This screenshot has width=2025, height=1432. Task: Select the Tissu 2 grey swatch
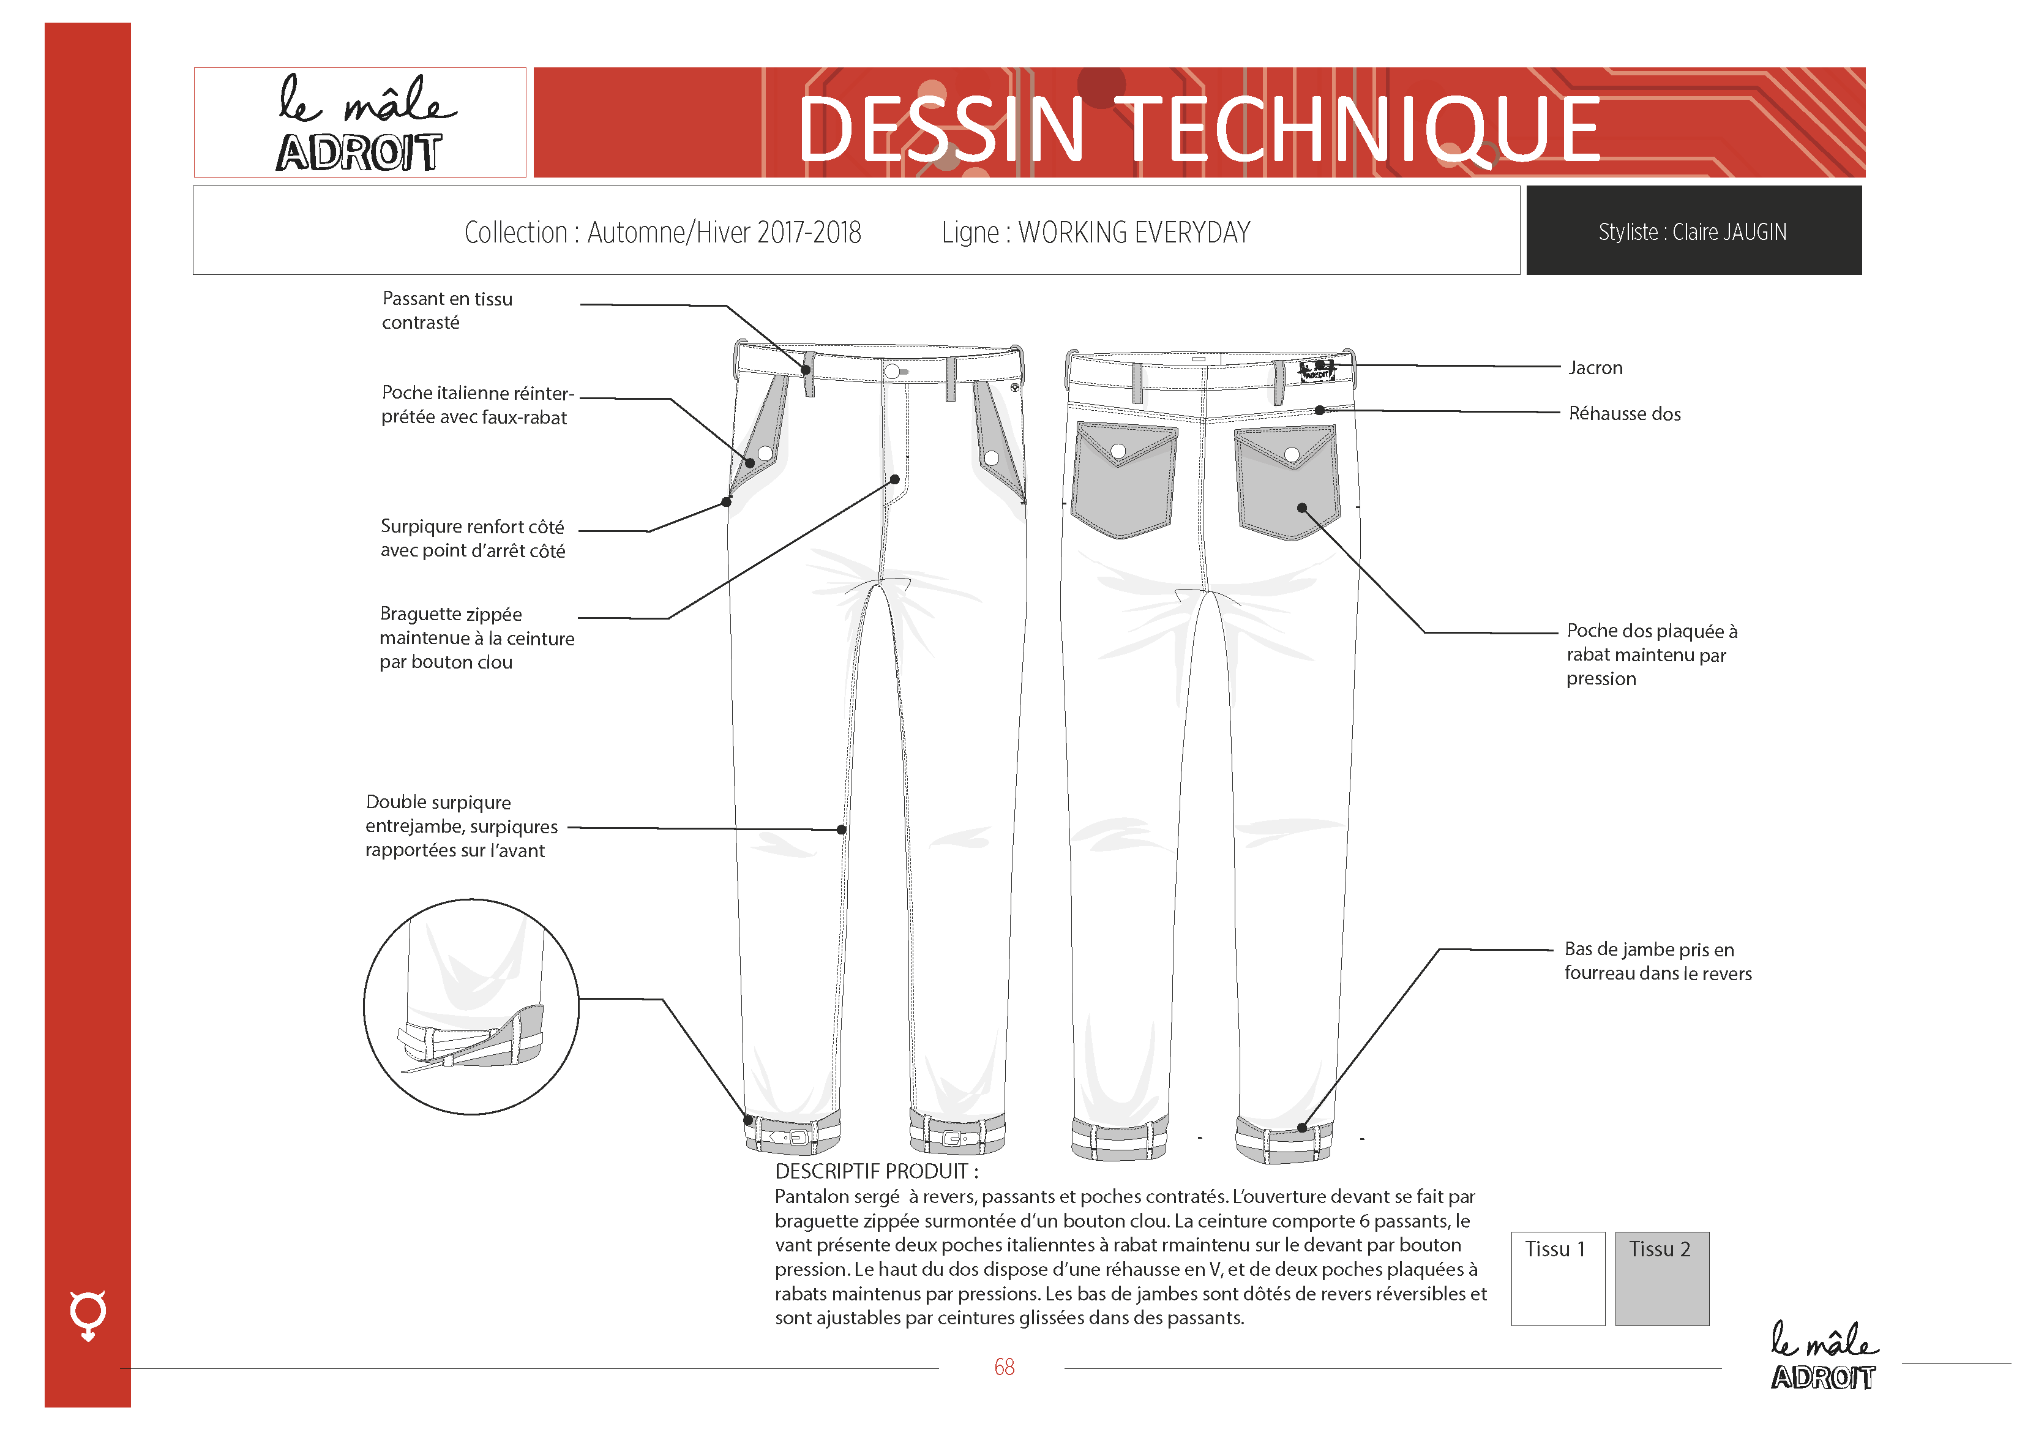point(1661,1278)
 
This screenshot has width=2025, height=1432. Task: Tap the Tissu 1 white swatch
point(1557,1278)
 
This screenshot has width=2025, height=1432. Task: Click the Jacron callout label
point(1595,368)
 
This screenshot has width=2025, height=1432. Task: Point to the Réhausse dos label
point(1625,414)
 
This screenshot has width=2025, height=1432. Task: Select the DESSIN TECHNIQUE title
point(1199,130)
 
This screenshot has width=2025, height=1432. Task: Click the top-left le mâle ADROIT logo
point(360,122)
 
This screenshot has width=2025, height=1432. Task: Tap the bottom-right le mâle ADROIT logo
point(1824,1356)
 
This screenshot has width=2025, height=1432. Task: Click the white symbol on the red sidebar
point(88,1314)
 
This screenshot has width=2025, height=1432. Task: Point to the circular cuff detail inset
point(471,1007)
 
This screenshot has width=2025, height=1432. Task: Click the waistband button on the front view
point(892,372)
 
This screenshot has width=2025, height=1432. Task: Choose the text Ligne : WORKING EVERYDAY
point(1095,232)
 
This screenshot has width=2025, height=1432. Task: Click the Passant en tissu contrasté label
point(447,310)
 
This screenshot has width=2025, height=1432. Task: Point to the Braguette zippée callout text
point(476,638)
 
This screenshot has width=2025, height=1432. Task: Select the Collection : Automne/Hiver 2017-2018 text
point(662,232)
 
